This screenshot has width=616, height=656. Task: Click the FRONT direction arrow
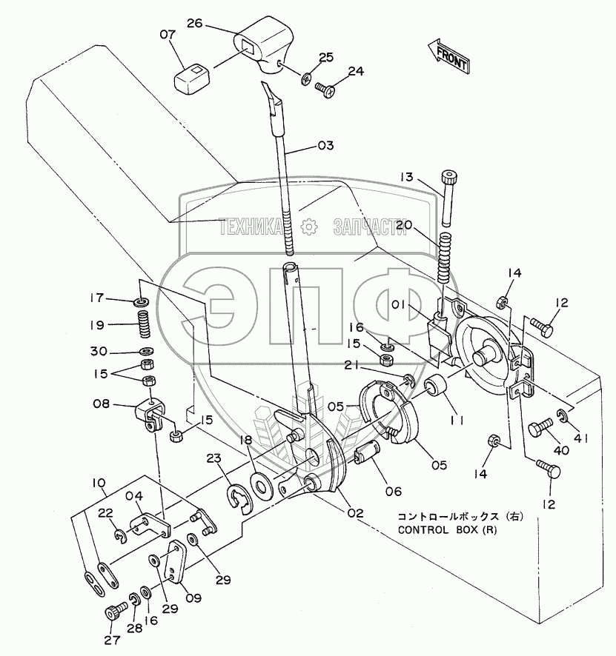(448, 57)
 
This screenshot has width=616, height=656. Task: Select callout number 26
(194, 24)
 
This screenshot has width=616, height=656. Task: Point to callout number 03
(325, 146)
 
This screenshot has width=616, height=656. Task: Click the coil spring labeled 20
(445, 257)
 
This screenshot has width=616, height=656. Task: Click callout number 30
(99, 350)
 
